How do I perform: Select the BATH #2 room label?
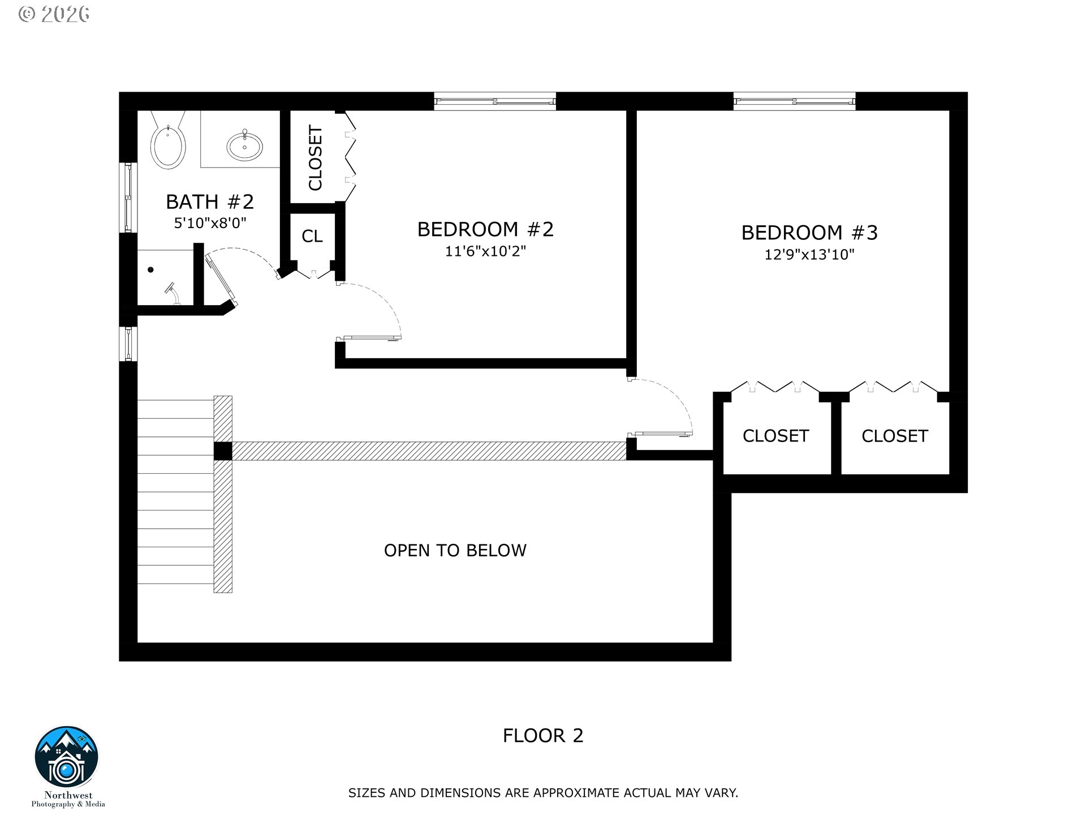point(209,201)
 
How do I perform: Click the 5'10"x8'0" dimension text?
point(210,223)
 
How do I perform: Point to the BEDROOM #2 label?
point(485,229)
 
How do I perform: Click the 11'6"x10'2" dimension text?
point(485,251)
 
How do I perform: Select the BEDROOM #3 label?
point(809,233)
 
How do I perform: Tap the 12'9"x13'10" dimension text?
point(809,255)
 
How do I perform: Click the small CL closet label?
point(312,236)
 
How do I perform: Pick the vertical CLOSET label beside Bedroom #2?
point(315,158)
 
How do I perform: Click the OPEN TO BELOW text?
point(455,550)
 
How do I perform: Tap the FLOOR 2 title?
point(542,735)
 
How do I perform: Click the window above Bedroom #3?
point(794,101)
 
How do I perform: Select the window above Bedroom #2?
point(495,101)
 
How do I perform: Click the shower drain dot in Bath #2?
point(151,270)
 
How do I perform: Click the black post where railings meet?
point(223,451)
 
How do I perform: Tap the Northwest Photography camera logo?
point(67,758)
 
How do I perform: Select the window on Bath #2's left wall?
point(128,198)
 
